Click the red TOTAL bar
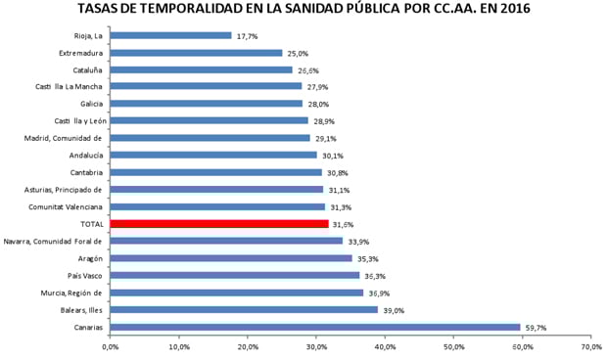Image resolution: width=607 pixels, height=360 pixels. (219, 223)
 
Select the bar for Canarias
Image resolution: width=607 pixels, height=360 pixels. (314, 327)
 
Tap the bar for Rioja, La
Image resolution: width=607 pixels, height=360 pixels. (170, 35)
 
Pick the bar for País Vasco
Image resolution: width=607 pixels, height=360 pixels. (234, 275)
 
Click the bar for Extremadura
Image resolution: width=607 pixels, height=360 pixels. (196, 53)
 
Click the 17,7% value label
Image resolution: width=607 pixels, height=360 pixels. (248, 36)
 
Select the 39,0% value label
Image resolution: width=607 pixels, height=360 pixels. (394, 310)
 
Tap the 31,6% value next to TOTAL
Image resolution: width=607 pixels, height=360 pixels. (344, 224)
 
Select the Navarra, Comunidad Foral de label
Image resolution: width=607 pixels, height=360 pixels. (54, 241)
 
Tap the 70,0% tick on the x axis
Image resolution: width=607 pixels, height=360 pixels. (589, 346)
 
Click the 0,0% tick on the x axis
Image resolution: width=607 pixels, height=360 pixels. (111, 346)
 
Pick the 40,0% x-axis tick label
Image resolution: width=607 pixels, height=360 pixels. (385, 346)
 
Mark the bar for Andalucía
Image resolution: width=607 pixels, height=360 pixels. (213, 155)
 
